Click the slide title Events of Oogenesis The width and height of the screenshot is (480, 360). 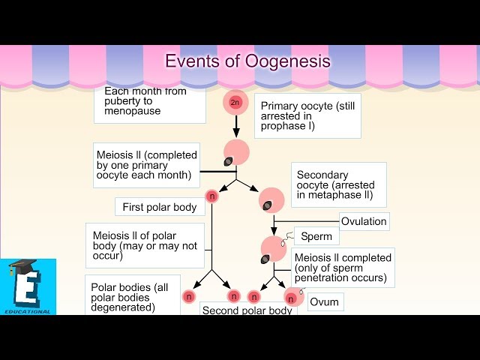247,61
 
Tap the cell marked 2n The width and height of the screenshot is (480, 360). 235,102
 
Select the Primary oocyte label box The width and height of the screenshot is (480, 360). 307,116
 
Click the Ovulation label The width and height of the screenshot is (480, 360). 364,221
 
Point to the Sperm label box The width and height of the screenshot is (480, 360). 316,237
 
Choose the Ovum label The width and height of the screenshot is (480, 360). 325,302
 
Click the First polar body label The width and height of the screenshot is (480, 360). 159,207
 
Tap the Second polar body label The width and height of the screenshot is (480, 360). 248,309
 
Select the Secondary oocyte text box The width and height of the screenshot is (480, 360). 338,184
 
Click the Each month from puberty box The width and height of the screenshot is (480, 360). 150,106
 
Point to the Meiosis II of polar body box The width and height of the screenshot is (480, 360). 145,245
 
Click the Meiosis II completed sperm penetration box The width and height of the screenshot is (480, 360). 343,268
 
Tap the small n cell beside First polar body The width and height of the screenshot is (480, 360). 211,196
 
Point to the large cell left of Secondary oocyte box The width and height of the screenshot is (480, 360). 271,200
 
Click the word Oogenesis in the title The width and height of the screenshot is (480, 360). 288,61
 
